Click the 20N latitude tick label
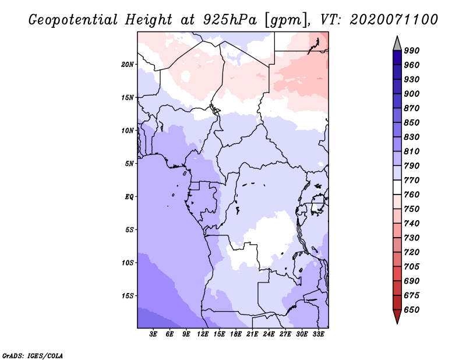[x=128, y=64]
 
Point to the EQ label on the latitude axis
[x=129, y=196]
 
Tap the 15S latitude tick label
[x=128, y=295]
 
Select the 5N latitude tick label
[x=129, y=163]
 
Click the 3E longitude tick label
[x=154, y=335]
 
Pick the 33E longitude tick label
[x=319, y=335]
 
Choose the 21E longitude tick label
[x=252, y=335]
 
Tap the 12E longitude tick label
[x=203, y=335]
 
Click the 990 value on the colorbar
[x=412, y=51]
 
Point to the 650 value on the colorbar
[x=412, y=310]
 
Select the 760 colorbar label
[x=412, y=195]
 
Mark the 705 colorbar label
[x=412, y=267]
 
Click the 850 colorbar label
[x=412, y=123]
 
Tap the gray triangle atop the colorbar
[x=397, y=43]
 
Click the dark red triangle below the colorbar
[x=397, y=317]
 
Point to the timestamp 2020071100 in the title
[x=394, y=20]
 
